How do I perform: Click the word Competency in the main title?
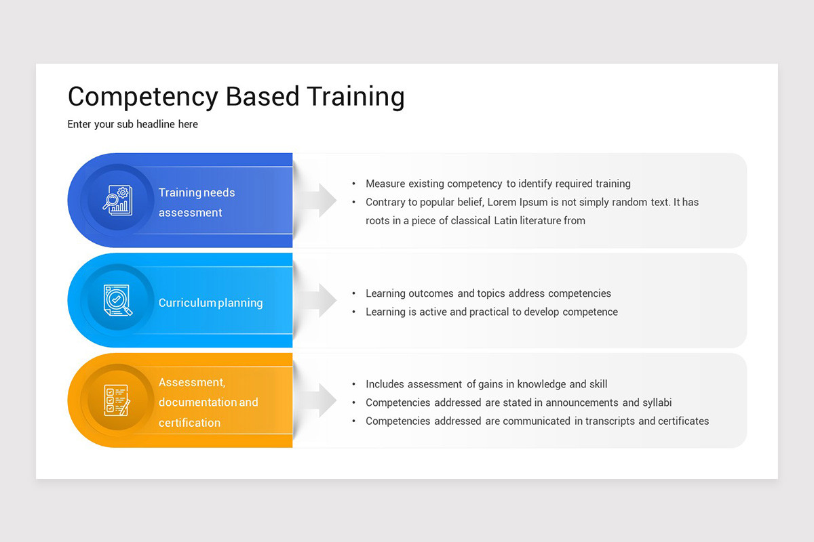click(x=143, y=97)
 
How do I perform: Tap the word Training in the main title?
click(x=355, y=97)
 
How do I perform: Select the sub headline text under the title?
click(x=133, y=125)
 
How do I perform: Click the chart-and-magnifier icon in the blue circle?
click(x=117, y=201)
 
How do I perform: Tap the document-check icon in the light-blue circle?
click(x=117, y=300)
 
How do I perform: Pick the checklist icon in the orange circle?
click(x=117, y=400)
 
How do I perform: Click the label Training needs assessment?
click(x=197, y=202)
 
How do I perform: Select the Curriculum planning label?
click(x=210, y=303)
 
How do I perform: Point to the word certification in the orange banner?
click(x=189, y=423)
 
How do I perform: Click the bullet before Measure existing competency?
click(x=354, y=184)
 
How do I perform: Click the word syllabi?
click(x=657, y=402)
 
